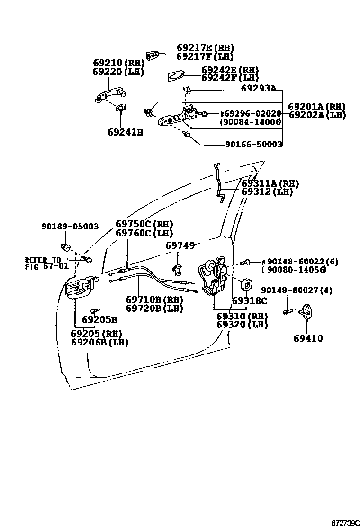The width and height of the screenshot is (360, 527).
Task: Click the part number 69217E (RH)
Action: click(x=205, y=48)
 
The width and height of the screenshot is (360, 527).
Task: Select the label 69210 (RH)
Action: click(x=118, y=64)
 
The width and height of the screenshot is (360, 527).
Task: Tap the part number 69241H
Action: click(x=125, y=132)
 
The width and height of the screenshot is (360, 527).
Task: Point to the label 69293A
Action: click(x=259, y=88)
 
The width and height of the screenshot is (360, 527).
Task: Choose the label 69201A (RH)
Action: click(x=317, y=107)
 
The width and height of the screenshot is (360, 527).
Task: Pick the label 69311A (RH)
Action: click(x=270, y=183)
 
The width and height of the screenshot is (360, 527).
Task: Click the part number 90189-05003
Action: click(x=70, y=227)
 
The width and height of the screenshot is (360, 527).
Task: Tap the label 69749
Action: click(x=180, y=245)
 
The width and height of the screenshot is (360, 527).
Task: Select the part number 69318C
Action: click(x=249, y=300)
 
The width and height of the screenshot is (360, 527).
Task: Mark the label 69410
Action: click(x=308, y=338)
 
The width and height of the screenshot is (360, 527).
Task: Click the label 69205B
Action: click(x=99, y=319)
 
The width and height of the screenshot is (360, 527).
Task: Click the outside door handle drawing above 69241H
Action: click(x=107, y=95)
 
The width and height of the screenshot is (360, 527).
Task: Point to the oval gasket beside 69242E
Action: click(x=177, y=75)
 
